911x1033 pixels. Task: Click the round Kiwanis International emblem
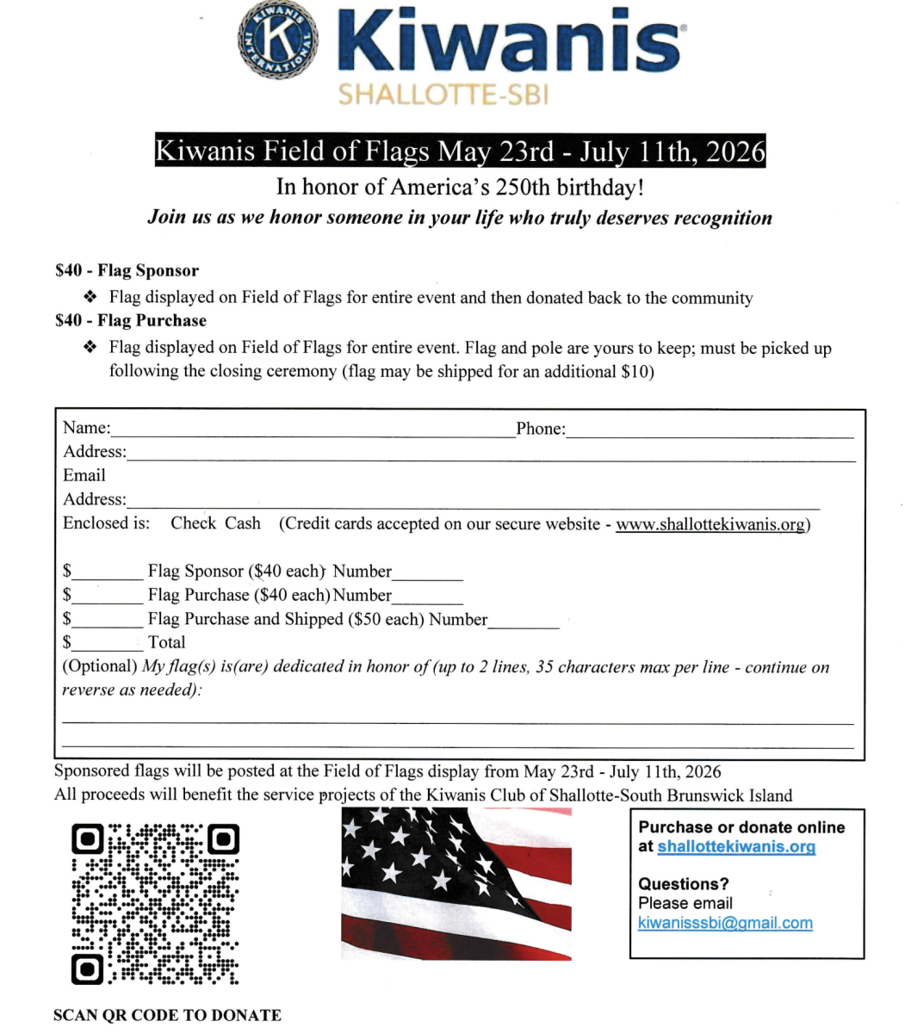(x=278, y=40)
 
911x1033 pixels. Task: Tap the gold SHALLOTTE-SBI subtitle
(x=443, y=94)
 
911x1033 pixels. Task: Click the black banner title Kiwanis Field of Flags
(x=459, y=152)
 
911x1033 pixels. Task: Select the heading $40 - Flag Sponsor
(x=127, y=270)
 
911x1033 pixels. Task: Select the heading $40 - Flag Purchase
(x=131, y=320)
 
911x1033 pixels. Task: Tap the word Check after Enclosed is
(x=193, y=523)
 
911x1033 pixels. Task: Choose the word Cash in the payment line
(x=243, y=523)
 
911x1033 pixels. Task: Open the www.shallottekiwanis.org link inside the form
(x=710, y=524)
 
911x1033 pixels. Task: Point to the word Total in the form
(x=166, y=642)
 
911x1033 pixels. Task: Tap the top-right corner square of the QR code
(x=223, y=838)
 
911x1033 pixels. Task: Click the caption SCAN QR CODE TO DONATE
(x=167, y=1015)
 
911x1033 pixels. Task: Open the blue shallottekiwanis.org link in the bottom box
(x=736, y=846)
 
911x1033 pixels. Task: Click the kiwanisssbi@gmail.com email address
(x=725, y=923)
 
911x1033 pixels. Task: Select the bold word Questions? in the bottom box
(x=683, y=884)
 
